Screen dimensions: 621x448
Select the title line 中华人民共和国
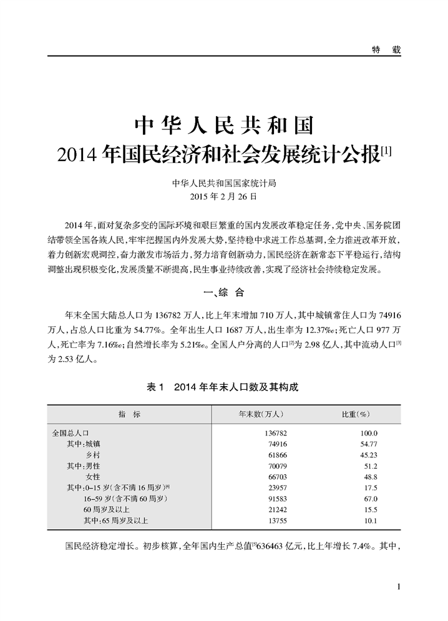[x=224, y=125]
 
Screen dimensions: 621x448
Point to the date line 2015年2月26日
[x=223, y=196]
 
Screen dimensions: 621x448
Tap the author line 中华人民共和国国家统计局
[x=223, y=184]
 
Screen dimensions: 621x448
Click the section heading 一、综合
[x=223, y=292]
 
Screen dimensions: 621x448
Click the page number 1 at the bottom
[x=397, y=586]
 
